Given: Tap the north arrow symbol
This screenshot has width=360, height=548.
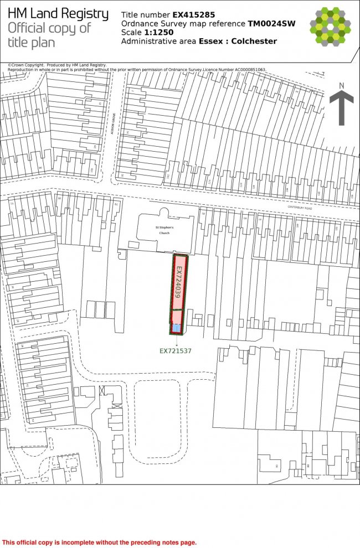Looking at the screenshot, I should pyautogui.click(x=342, y=108).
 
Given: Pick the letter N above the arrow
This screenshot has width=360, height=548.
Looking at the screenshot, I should pyautogui.click(x=342, y=85).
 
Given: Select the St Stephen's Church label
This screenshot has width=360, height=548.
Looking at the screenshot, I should pyautogui.click(x=164, y=230).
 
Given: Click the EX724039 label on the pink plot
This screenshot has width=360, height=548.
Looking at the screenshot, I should pyautogui.click(x=178, y=282).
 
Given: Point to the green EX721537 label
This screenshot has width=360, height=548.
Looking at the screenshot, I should pyautogui.click(x=176, y=350).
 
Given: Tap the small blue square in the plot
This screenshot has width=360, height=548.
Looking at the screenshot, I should pyautogui.click(x=176, y=328).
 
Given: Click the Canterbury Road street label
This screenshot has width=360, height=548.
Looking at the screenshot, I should pyautogui.click(x=300, y=208).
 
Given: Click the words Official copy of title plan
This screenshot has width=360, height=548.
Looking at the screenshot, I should pyautogui.click(x=49, y=35).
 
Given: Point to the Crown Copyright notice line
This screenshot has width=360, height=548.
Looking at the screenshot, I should pyautogui.click(x=58, y=65).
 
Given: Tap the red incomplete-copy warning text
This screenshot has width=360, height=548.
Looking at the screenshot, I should pyautogui.click(x=100, y=542).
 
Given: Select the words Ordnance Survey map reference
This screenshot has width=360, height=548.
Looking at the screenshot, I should pyautogui.click(x=183, y=24).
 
